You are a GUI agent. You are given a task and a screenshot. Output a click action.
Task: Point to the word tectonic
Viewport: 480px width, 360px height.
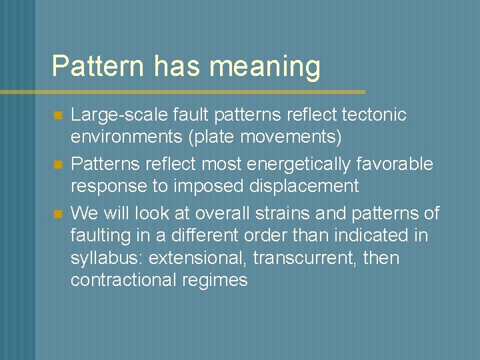coord(374,115)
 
